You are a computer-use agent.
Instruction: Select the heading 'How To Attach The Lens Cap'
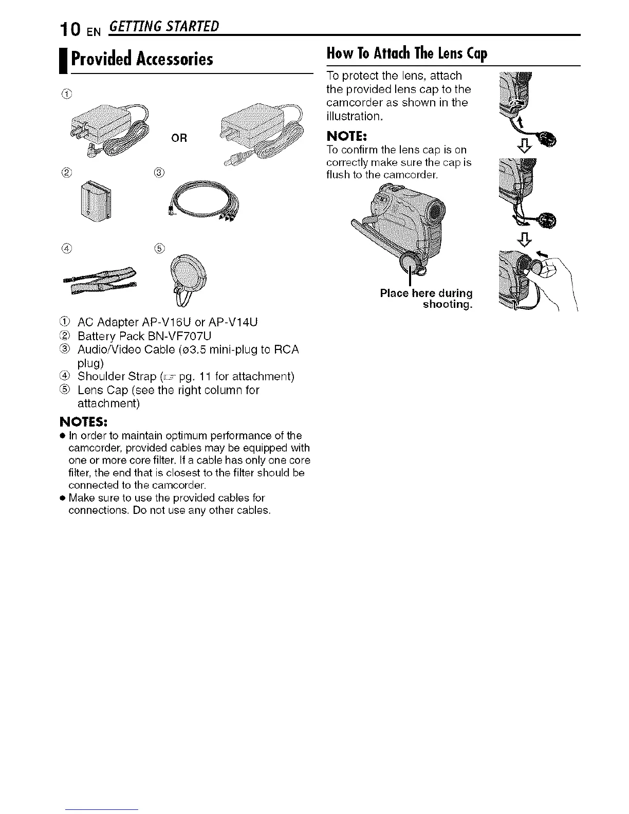tap(406, 53)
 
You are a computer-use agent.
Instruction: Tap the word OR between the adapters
tap(180, 138)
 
